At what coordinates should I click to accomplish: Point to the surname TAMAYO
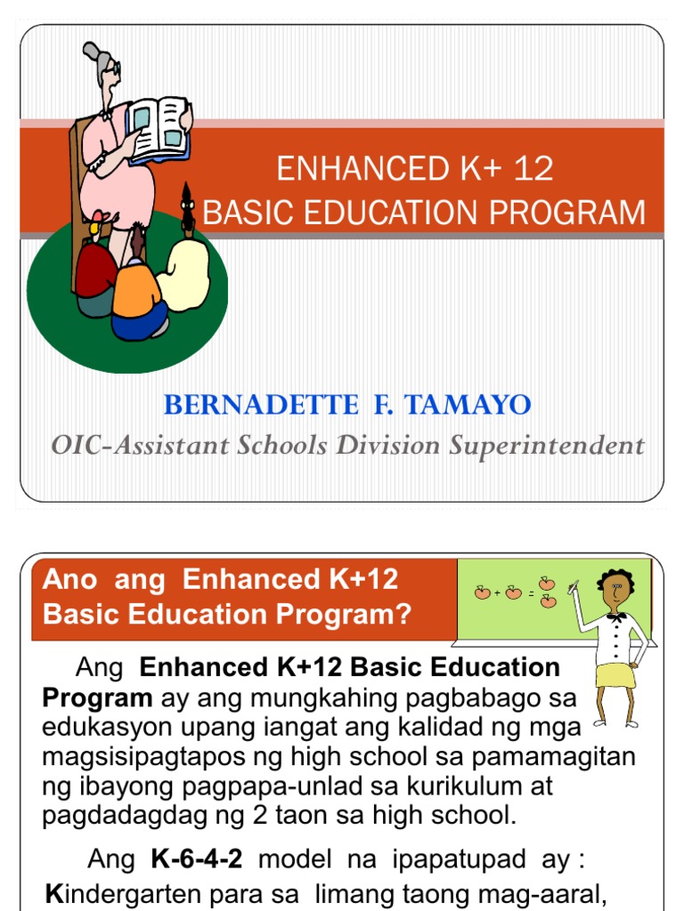click(478, 406)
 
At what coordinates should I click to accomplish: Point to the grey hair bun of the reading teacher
click(92, 52)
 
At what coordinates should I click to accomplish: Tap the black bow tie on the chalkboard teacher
click(615, 616)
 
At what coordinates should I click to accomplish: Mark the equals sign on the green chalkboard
click(532, 593)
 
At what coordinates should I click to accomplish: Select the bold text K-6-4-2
click(188, 860)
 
